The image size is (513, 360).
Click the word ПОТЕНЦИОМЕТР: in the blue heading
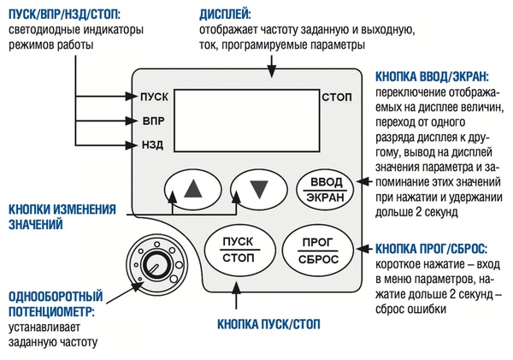[x=51, y=311]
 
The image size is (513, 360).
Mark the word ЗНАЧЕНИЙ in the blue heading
[x=36, y=225]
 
